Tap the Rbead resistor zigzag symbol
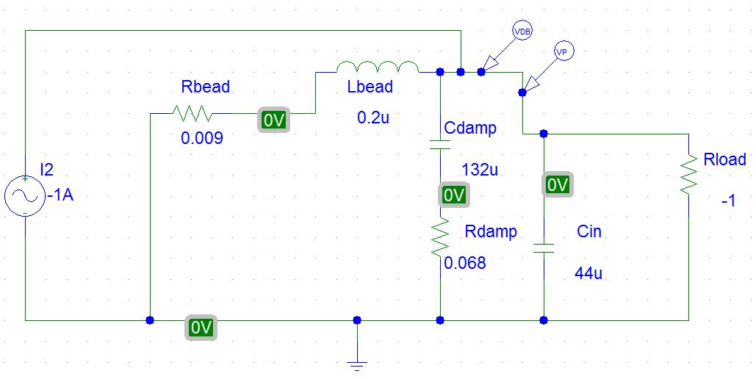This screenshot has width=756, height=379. (191, 114)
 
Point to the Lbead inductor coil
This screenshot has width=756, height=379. (378, 68)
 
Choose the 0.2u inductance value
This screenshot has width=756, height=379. (373, 118)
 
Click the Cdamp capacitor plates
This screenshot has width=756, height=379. (439, 144)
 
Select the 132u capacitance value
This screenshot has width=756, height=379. (480, 170)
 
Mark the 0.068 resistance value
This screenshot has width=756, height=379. (465, 262)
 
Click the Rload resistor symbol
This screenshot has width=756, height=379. (688, 174)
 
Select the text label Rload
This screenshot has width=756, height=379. (724, 159)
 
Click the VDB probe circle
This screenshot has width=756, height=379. (521, 32)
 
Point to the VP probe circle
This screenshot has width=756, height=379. (563, 51)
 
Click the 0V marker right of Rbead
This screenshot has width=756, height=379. (274, 120)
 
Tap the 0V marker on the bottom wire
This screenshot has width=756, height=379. (201, 328)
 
